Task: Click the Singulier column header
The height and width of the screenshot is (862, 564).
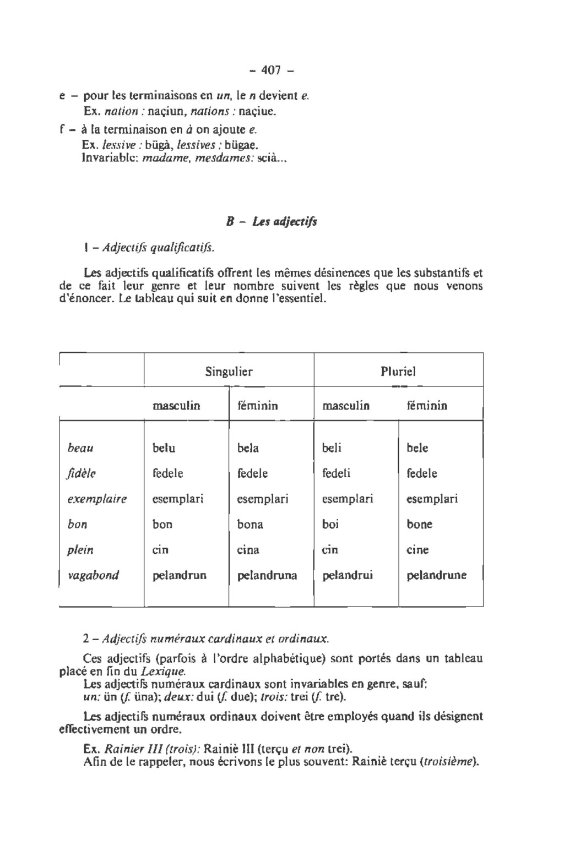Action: click(x=229, y=372)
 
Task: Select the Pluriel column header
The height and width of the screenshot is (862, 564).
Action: click(x=398, y=372)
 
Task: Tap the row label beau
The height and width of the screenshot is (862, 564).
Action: click(x=80, y=448)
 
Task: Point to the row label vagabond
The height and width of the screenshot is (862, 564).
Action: click(x=93, y=575)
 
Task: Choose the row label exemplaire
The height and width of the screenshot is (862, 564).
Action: click(x=97, y=499)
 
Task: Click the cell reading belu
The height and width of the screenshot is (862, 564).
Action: click(x=164, y=448)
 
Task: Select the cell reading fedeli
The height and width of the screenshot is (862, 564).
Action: click(x=336, y=473)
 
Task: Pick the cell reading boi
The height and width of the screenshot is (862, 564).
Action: click(x=330, y=525)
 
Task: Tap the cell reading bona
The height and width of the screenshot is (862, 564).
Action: click(x=250, y=525)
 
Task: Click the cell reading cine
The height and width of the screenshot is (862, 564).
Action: click(x=417, y=550)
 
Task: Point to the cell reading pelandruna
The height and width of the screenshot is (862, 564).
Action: click(x=267, y=575)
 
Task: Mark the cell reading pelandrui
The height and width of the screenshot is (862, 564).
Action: click(x=348, y=575)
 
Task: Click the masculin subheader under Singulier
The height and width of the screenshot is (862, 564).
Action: click(x=176, y=406)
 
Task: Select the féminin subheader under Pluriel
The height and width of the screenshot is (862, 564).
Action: click(x=427, y=406)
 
